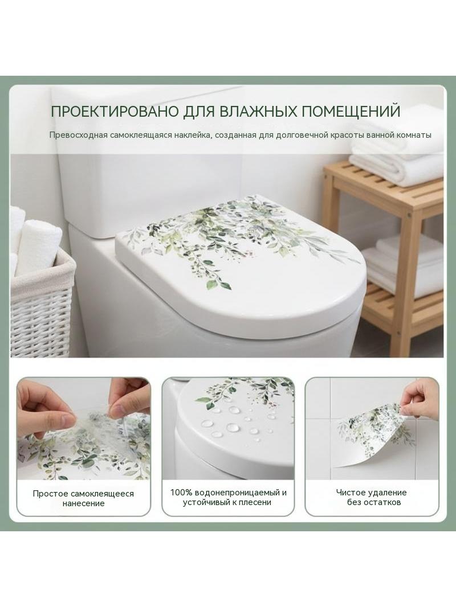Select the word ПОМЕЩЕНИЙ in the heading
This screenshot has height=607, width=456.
[351, 111]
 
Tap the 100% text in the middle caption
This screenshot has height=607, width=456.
[181, 493]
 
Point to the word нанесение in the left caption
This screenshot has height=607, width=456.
[83, 503]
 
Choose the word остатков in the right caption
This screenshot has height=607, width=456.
[383, 502]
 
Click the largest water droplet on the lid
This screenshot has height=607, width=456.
[233, 428]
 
